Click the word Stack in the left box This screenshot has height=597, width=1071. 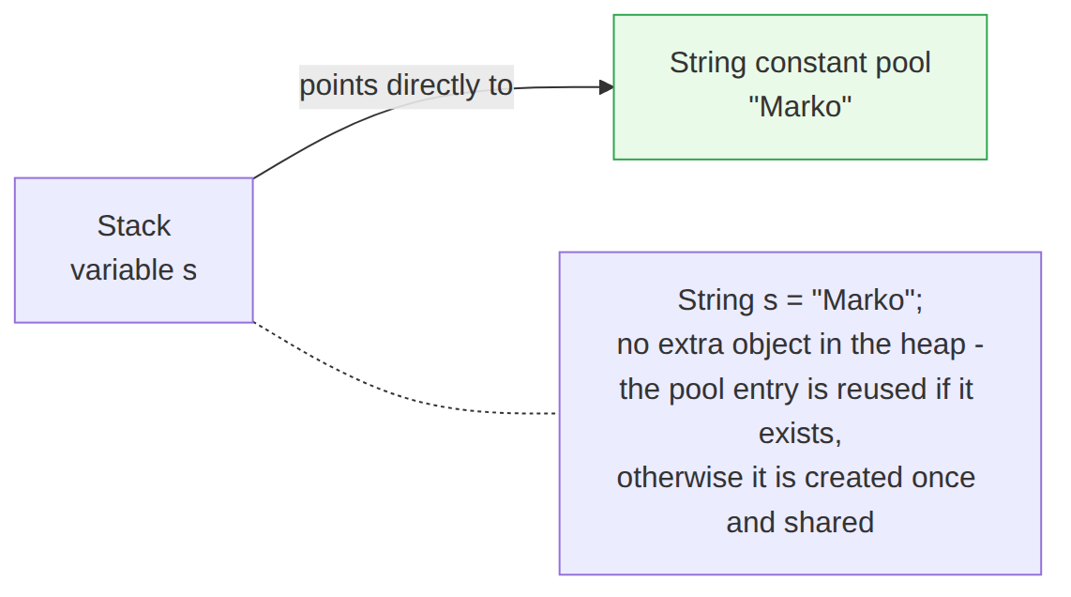(x=134, y=225)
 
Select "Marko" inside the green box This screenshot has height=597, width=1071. (x=800, y=107)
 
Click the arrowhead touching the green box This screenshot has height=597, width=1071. (x=607, y=87)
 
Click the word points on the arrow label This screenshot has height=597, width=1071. (x=339, y=86)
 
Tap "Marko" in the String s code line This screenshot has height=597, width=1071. (x=864, y=300)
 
